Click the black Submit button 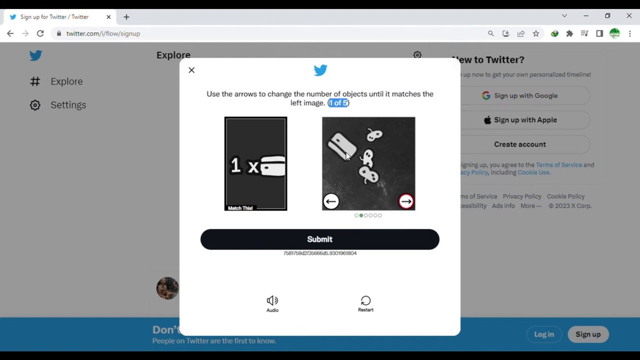(x=319, y=239)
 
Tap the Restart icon (x=365, y=301)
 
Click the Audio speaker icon (x=272, y=301)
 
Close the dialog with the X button (x=191, y=70)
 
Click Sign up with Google (x=519, y=95)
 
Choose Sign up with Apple (x=519, y=120)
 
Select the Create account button (x=519, y=144)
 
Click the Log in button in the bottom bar (x=543, y=334)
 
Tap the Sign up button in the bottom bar (x=587, y=334)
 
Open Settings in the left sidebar (x=68, y=105)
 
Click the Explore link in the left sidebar (x=66, y=81)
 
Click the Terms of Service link (x=558, y=165)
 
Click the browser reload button (x=40, y=33)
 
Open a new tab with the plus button (x=126, y=17)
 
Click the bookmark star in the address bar (x=535, y=33)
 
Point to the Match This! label (x=240, y=208)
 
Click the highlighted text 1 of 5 (x=338, y=103)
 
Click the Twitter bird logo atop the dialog (x=320, y=70)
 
